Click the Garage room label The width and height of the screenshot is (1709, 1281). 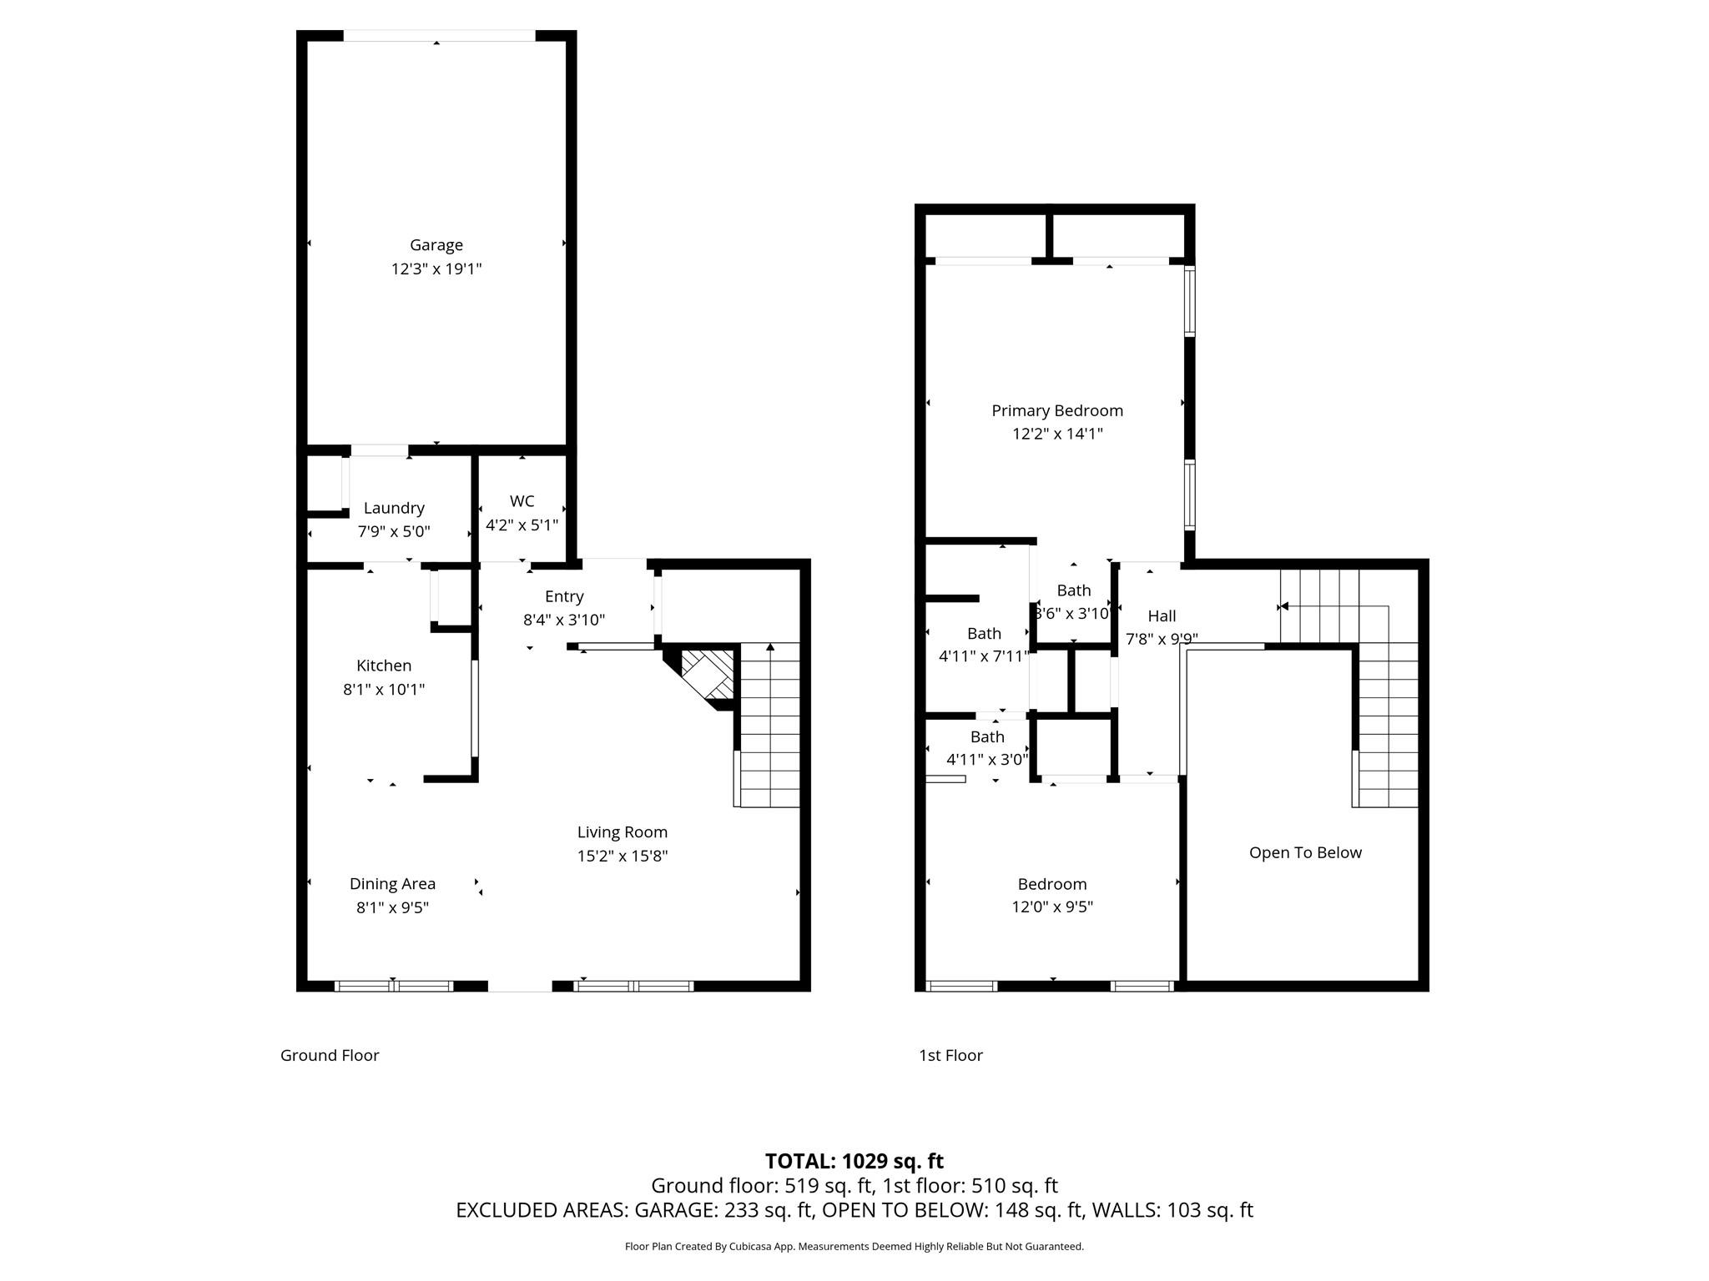436,245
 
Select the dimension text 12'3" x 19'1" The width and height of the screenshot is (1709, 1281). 436,269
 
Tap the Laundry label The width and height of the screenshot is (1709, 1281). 394,508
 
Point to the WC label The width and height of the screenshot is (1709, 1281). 522,501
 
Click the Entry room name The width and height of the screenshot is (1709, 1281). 564,596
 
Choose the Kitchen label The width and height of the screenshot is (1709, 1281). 384,666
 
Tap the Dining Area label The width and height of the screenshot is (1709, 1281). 392,884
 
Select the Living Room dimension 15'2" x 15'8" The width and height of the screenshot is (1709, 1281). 622,857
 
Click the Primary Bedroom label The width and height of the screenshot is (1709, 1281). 1056,410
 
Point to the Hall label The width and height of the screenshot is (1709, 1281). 1162,616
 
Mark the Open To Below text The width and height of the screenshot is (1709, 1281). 1305,852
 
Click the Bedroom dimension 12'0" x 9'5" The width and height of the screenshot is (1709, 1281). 1051,907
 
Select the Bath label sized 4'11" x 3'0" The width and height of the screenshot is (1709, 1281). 987,737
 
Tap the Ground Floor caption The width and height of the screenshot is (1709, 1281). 330,1056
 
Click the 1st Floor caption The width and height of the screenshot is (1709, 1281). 950,1056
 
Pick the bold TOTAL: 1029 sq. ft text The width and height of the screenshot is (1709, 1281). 854,1161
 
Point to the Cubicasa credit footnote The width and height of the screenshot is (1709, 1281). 854,1247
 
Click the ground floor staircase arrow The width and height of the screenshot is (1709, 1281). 770,646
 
